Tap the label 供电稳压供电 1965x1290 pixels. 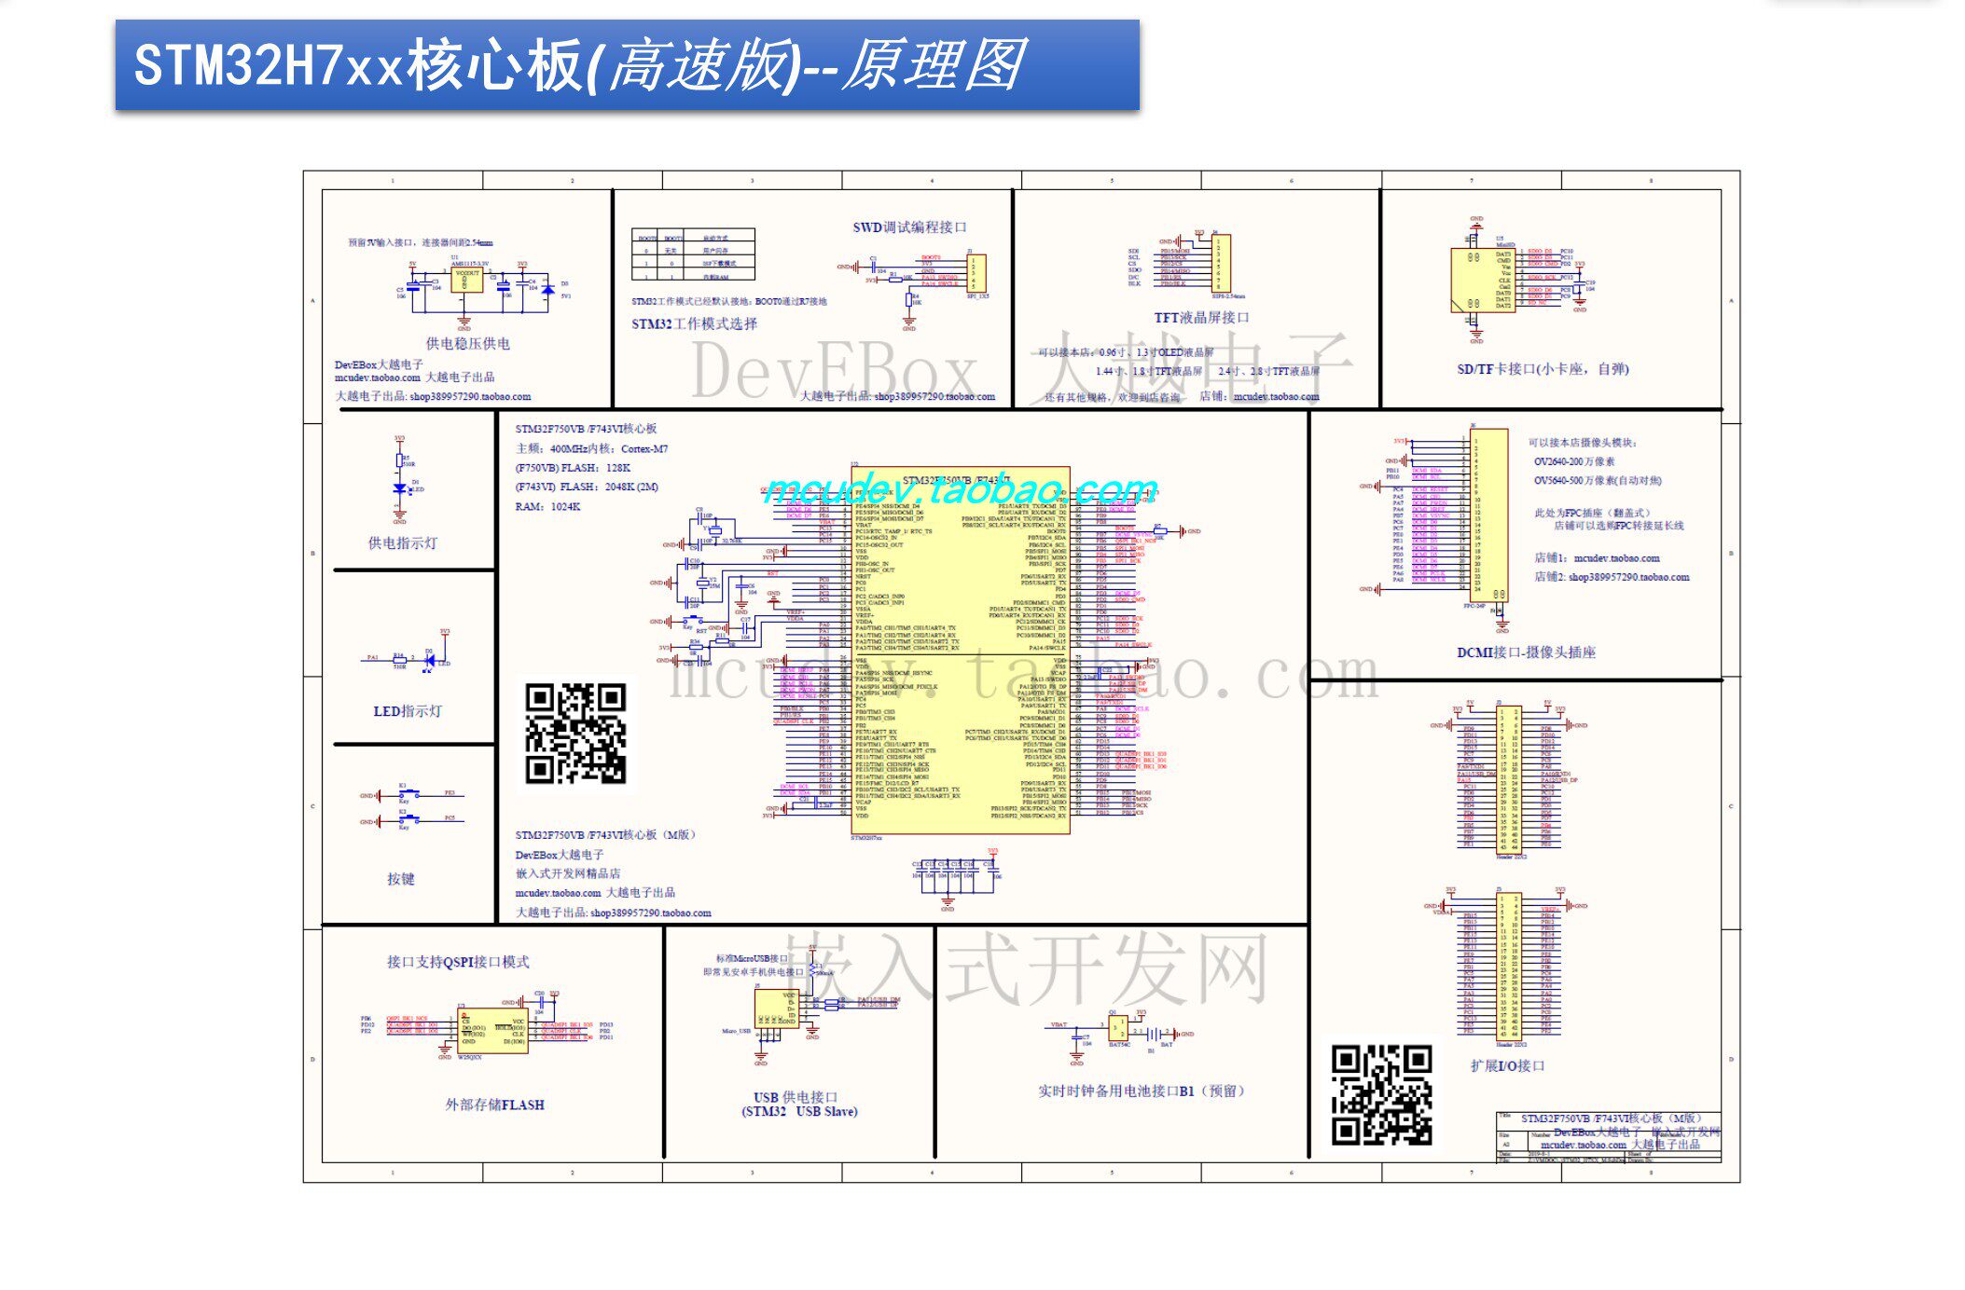pos(467,343)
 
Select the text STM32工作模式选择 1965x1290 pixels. pos(694,323)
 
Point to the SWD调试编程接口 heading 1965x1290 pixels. pos(909,227)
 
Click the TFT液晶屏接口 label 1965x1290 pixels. pos(1201,317)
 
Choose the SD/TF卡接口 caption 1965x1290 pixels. pos(1543,369)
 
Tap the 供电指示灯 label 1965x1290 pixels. pos(402,542)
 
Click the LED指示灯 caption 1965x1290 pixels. pos(408,711)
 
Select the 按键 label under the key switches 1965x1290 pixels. pos(400,879)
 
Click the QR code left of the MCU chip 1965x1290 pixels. pos(575,733)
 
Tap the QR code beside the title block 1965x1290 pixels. pos(1381,1094)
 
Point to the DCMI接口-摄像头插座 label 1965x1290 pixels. pos(1526,652)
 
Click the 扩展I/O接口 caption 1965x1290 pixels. pos(1507,1065)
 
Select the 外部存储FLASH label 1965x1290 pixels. pos(494,1105)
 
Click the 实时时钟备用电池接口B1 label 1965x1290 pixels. pos(1141,1091)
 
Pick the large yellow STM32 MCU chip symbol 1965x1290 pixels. pos(961,652)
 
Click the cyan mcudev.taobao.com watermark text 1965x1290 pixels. pos(961,488)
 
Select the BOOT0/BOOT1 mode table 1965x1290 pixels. pos(692,254)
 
